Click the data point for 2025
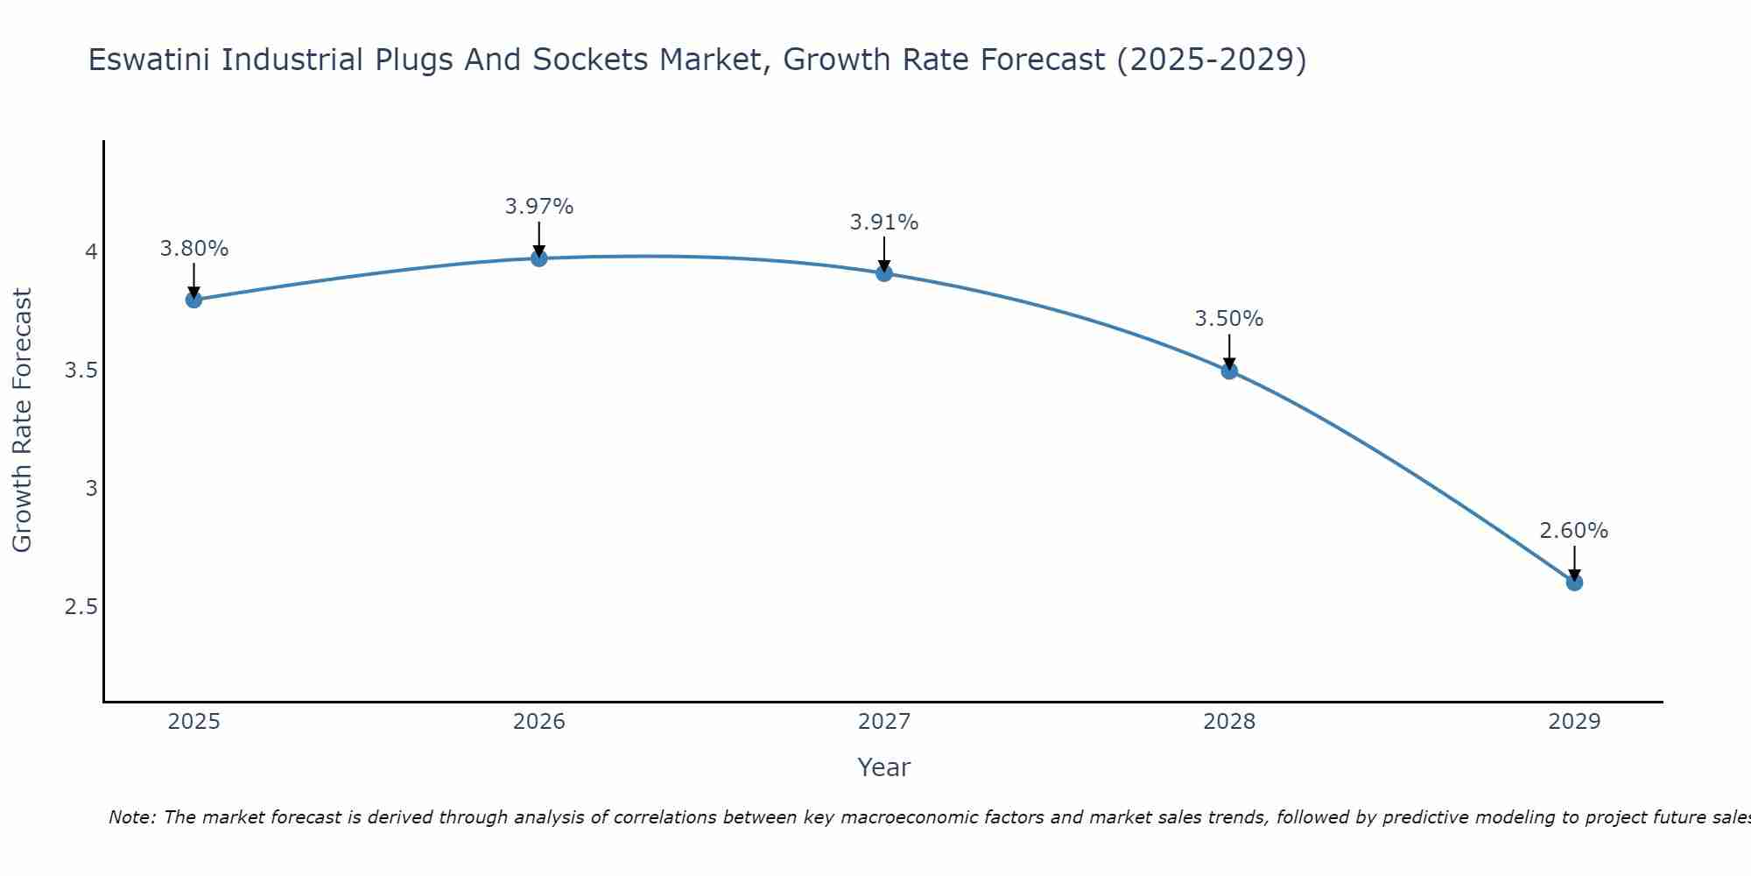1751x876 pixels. click(193, 300)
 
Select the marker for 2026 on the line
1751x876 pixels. click(539, 258)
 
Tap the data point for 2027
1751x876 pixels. click(884, 273)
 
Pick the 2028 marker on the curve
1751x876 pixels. click(1229, 371)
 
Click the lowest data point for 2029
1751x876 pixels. click(1574, 583)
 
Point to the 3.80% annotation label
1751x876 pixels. click(193, 249)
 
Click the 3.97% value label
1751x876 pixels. click(539, 207)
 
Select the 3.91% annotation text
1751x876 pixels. click(884, 223)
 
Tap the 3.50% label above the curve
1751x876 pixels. click(1229, 319)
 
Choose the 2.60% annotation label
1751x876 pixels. click(1574, 531)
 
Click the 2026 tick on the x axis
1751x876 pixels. click(539, 722)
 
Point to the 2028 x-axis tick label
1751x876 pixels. click(1229, 722)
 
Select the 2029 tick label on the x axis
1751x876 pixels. click(1574, 722)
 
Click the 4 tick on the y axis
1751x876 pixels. click(91, 252)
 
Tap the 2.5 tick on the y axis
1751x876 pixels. click(81, 607)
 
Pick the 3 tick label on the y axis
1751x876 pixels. click(91, 489)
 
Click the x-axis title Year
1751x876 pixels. click(884, 767)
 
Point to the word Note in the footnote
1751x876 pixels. click(131, 817)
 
